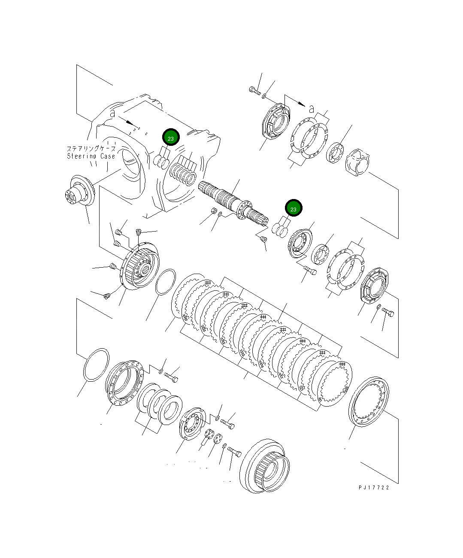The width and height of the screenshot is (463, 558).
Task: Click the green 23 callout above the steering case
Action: [171, 138]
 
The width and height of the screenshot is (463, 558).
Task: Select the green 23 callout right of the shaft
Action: [294, 209]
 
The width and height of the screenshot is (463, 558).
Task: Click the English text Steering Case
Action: [91, 156]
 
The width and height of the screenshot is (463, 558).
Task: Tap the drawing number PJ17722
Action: [374, 488]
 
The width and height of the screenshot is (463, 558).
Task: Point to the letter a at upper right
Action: [312, 108]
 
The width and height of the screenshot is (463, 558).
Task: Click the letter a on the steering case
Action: [112, 114]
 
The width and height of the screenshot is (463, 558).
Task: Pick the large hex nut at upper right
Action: [357, 162]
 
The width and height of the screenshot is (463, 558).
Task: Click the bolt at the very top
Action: [254, 90]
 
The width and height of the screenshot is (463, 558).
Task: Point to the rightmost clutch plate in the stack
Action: [334, 382]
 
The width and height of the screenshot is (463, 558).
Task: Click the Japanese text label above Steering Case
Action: [91, 148]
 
